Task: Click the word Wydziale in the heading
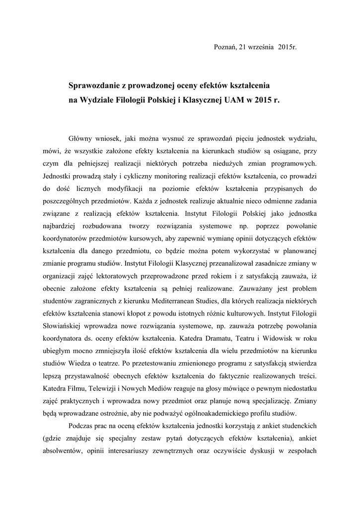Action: coord(97,99)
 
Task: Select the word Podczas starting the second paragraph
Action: coord(81,426)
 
